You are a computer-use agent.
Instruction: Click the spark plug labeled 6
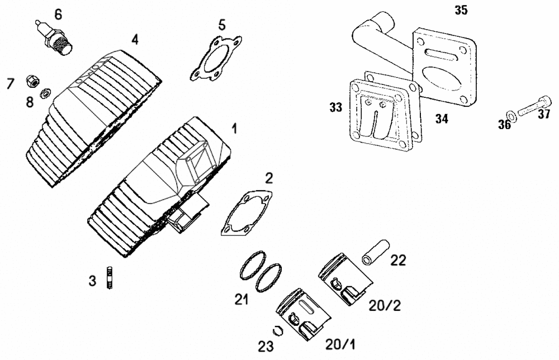(x=55, y=38)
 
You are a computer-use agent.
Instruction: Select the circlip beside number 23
(x=277, y=331)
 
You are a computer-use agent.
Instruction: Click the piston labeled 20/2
(x=345, y=279)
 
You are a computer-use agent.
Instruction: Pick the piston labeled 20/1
(x=303, y=314)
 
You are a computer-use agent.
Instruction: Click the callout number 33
(x=335, y=107)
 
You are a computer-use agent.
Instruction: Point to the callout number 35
(x=461, y=10)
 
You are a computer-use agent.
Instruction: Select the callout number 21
(x=241, y=299)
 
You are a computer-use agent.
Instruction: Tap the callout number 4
(x=135, y=40)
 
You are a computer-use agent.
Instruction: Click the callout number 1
(x=234, y=129)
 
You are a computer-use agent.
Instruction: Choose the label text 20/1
(x=340, y=344)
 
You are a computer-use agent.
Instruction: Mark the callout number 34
(x=442, y=119)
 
